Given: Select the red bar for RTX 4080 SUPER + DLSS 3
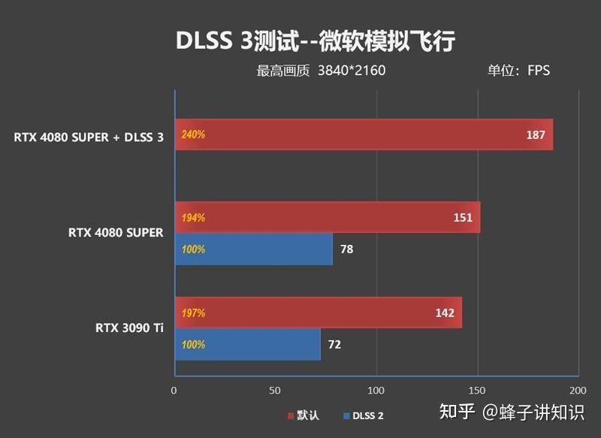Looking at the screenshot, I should click(x=364, y=134).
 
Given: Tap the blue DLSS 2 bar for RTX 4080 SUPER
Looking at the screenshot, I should click(x=253, y=249).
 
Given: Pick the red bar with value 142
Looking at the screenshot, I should click(x=318, y=313).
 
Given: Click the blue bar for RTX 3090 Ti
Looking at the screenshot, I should click(x=247, y=344).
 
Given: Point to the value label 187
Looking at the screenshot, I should click(x=536, y=135).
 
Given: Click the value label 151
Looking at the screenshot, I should click(x=463, y=218).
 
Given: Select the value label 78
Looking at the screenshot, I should click(x=346, y=249).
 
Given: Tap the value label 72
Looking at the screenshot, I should click(x=334, y=345).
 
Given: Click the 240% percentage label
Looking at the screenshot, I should click(x=193, y=135).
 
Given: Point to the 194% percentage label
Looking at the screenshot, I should click(x=193, y=218).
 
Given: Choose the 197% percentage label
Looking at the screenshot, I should click(x=193, y=313).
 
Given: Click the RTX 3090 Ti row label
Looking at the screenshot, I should click(x=128, y=328).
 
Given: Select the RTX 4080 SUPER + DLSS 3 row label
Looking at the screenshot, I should click(x=88, y=137).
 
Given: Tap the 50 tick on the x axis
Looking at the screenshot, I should click(x=275, y=391).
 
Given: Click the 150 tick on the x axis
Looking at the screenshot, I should click(x=477, y=391).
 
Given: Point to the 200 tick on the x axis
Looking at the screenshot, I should click(x=577, y=391).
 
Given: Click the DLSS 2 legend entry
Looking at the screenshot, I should click(x=364, y=415).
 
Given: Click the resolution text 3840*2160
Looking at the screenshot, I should click(x=352, y=71).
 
